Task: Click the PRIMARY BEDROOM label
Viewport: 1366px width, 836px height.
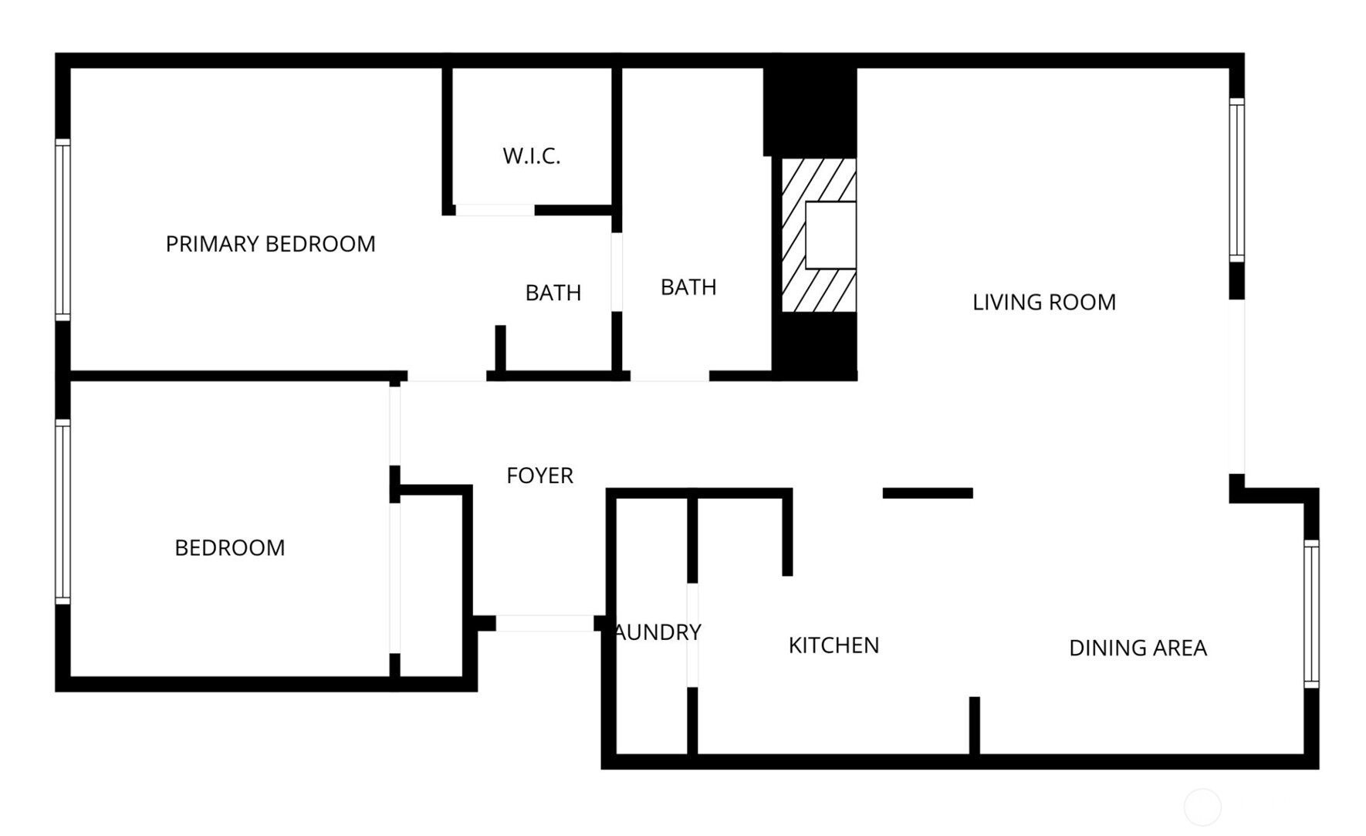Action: [270, 244]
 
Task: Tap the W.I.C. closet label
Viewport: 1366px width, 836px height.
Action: [531, 156]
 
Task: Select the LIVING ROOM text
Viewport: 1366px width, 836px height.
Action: [1043, 302]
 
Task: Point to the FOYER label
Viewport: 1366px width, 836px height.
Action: [539, 476]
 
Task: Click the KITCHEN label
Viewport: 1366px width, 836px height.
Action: [833, 645]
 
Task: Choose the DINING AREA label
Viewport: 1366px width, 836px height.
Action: [1138, 648]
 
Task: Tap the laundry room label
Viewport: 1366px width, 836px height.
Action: [658, 632]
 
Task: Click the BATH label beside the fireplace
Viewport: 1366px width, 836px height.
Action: [688, 287]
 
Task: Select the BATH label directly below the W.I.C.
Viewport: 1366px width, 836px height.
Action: [553, 293]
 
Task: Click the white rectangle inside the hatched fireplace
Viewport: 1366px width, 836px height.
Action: [830, 235]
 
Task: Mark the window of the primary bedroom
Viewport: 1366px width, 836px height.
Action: [63, 229]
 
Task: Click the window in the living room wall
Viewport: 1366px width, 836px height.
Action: [1236, 180]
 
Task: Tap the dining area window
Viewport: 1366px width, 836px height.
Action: [1311, 614]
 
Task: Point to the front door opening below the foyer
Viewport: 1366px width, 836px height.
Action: [544, 623]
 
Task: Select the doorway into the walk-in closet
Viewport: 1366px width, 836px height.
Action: [495, 210]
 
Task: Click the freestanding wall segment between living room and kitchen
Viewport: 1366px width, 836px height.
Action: [928, 493]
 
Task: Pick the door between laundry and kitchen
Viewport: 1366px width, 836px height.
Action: [692, 635]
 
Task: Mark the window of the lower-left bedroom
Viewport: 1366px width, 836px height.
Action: [63, 511]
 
